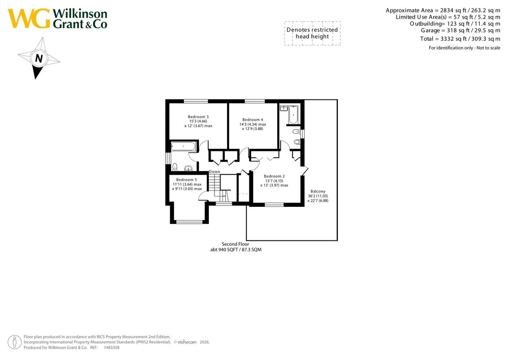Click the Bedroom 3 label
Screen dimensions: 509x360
point(198,117)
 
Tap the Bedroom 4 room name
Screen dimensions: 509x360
point(253,120)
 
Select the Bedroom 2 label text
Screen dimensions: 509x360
point(274,176)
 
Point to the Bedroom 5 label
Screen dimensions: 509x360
point(186,180)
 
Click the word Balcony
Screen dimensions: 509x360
point(318,191)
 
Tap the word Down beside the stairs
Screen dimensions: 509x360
point(214,172)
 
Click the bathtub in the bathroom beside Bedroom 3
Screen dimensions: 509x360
point(183,147)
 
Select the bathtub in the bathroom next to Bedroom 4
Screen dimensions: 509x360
point(294,115)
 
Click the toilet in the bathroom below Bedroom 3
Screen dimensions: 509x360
point(175,167)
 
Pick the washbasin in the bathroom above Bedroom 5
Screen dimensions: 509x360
point(188,168)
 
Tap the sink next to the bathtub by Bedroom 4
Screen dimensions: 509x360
point(284,108)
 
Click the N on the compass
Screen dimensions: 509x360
point(39,58)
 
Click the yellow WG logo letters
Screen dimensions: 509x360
point(30,18)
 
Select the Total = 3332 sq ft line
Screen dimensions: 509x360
point(460,39)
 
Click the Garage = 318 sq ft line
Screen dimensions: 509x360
point(460,31)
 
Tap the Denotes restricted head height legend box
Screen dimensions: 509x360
point(312,33)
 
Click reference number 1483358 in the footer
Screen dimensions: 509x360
point(111,348)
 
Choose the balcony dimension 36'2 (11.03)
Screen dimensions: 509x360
point(318,196)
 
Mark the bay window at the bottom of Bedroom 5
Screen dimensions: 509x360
point(189,222)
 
